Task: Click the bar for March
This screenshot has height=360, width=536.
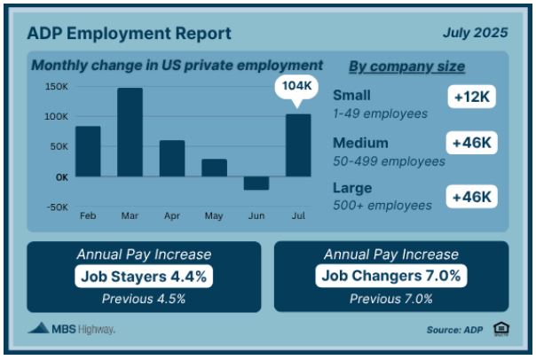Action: point(130,132)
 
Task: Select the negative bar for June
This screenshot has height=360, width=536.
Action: point(256,183)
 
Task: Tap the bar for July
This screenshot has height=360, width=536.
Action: point(298,145)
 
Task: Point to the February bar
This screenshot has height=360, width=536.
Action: point(88,152)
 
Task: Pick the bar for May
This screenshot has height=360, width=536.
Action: point(215,168)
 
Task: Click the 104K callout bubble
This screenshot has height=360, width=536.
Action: point(296,87)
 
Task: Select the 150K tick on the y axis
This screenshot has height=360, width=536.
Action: point(57,87)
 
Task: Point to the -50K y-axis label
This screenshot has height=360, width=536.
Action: point(58,207)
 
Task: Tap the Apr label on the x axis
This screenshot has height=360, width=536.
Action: point(172,215)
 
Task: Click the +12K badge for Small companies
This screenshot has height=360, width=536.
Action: point(472,97)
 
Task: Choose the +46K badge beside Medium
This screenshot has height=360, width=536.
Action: point(472,143)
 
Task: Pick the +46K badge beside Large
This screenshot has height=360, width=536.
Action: point(472,197)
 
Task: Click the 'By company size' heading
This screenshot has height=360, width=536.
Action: point(406,67)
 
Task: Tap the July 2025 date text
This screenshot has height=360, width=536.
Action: point(475,33)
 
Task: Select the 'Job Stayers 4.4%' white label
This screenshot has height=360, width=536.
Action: point(144,277)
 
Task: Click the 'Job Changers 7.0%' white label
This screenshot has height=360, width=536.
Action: point(391,276)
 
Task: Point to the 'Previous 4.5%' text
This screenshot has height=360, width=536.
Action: point(144,299)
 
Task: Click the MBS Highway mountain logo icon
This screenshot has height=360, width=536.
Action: point(39,328)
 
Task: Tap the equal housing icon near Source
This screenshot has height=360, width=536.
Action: point(501,329)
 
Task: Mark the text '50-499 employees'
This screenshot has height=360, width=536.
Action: point(389,161)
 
